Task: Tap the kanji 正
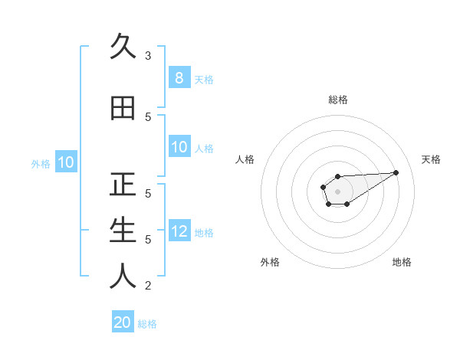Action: (x=123, y=185)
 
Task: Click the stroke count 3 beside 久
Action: (x=148, y=56)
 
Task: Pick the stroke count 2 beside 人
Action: (x=148, y=286)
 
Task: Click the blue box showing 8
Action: (x=179, y=78)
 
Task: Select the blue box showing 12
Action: (x=179, y=232)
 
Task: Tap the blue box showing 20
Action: (x=123, y=322)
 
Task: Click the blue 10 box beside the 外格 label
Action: (x=65, y=162)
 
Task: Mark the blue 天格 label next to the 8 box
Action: (x=204, y=79)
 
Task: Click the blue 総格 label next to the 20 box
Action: (x=147, y=323)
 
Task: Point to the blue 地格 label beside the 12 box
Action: (x=204, y=233)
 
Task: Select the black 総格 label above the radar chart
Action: (x=338, y=100)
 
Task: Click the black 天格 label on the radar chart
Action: (x=432, y=159)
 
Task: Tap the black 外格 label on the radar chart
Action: (x=270, y=262)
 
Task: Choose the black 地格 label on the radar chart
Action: (x=402, y=262)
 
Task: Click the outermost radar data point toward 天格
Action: (x=396, y=172)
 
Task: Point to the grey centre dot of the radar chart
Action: (x=338, y=191)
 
